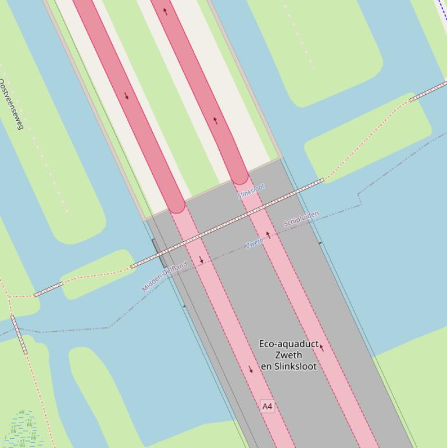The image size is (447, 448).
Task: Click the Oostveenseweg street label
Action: click(11, 104)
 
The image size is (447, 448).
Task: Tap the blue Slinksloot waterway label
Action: click(251, 190)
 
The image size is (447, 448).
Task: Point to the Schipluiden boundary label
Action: click(301, 219)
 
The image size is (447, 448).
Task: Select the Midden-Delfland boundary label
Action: click(165, 276)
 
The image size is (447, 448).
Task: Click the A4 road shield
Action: click(267, 406)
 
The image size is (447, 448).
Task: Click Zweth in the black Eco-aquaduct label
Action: click(288, 355)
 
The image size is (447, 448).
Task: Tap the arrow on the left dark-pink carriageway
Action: click(126, 95)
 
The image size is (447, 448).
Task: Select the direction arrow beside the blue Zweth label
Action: click(268, 236)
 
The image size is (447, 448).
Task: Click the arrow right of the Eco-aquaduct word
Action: click(321, 347)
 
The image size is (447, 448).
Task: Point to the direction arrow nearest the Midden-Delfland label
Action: click(201, 260)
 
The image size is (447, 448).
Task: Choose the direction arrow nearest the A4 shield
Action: click(251, 369)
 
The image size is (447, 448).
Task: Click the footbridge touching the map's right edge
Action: click(428, 92)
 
